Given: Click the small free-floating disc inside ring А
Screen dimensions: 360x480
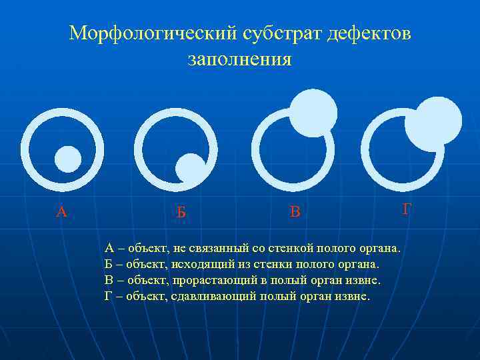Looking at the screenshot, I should point(67,159).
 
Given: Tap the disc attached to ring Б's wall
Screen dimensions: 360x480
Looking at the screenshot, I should point(191,168).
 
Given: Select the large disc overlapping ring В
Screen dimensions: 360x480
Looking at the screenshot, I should point(313,112).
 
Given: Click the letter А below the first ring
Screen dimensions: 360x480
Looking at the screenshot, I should point(61,212).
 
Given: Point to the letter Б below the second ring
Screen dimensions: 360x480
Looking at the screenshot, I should point(181,213).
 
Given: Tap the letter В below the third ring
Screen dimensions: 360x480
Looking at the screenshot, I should point(295,212).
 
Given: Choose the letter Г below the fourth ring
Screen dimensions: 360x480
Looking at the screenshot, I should point(407,209).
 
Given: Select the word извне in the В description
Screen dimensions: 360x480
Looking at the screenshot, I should point(364,280).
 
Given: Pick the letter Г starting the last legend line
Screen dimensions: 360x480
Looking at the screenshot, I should point(109,296).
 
